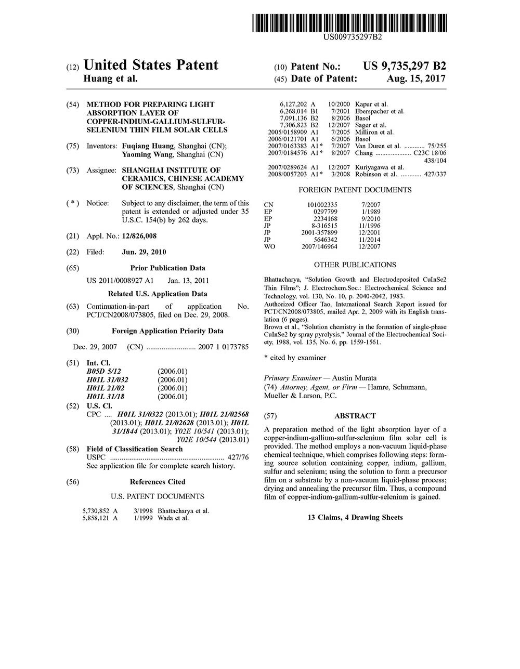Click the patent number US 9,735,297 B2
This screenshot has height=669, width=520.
[405, 66]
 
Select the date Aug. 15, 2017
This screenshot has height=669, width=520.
[416, 78]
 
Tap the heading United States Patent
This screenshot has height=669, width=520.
[151, 65]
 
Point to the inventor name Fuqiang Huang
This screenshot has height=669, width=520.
[147, 146]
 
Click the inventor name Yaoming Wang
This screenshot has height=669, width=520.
[148, 154]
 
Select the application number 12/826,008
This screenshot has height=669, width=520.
[139, 236]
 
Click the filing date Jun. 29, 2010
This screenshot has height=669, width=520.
[144, 252]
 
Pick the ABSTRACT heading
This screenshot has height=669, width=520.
[355, 416]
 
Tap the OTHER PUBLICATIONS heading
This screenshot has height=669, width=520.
[355, 265]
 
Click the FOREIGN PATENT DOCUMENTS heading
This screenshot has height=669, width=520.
[355, 190]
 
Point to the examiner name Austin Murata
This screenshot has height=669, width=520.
[354, 378]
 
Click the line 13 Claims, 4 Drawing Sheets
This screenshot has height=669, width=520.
[355, 517]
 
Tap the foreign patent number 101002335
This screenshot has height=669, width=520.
[322, 205]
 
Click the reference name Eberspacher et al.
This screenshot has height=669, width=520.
[380, 111]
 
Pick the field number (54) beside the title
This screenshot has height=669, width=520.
[73, 104]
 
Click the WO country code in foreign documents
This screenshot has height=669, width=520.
[269, 246]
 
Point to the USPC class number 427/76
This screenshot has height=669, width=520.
[238, 457]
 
